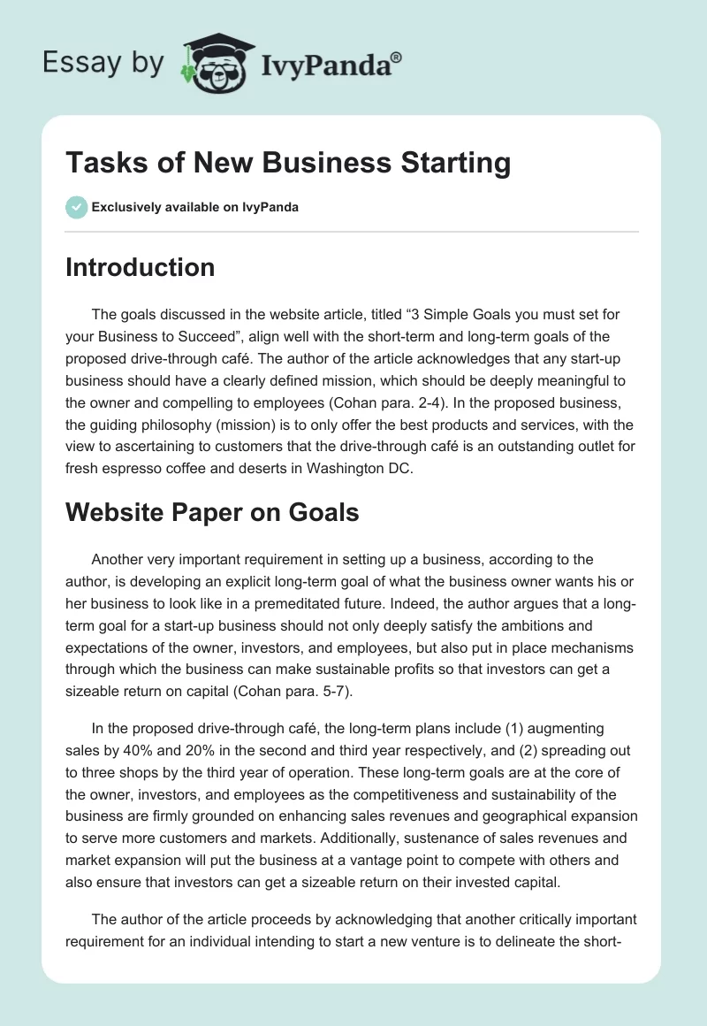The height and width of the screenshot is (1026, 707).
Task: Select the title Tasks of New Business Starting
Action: coord(288,164)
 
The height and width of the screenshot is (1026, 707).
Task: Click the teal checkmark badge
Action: coord(76,207)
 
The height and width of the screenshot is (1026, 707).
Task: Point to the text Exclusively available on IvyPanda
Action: coord(195,207)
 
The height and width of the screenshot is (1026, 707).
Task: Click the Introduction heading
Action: coord(140,267)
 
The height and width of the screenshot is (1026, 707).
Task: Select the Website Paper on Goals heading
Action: coord(212,512)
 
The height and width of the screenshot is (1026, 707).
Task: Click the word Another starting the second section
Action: coord(119,559)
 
